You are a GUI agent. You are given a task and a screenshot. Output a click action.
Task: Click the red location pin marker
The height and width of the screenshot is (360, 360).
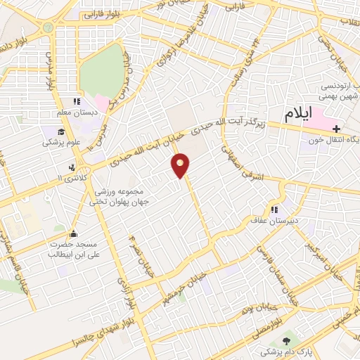(x=181, y=165)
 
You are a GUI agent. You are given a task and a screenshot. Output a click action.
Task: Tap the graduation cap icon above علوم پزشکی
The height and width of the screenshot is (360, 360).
(x=62, y=131)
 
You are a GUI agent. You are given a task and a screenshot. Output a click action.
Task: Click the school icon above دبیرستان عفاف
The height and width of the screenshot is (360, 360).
(x=275, y=209)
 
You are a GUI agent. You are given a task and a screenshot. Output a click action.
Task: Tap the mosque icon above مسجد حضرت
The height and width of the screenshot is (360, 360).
(x=72, y=234)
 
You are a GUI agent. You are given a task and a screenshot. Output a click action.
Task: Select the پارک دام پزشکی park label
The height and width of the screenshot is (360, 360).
(x=265, y=349)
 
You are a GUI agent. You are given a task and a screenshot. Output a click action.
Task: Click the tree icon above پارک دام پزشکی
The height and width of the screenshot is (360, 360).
(x=265, y=340)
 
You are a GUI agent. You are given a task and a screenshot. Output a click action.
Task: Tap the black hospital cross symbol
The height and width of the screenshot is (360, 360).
(x=337, y=129)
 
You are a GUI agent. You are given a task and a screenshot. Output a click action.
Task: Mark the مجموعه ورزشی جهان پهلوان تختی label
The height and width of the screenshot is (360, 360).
(x=116, y=196)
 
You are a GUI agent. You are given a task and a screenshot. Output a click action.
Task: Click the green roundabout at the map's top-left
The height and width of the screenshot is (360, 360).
(x=47, y=27)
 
